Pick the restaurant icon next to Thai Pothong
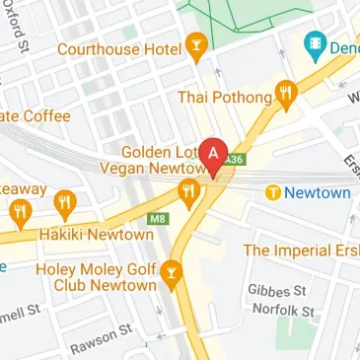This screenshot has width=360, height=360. coord(287,95)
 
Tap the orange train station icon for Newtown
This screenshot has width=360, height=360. coord(272,193)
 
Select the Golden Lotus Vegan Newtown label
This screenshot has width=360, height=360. coord(157,162)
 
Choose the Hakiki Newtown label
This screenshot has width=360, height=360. coord(95,236)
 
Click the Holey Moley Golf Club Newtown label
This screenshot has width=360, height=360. coord(96,276)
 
